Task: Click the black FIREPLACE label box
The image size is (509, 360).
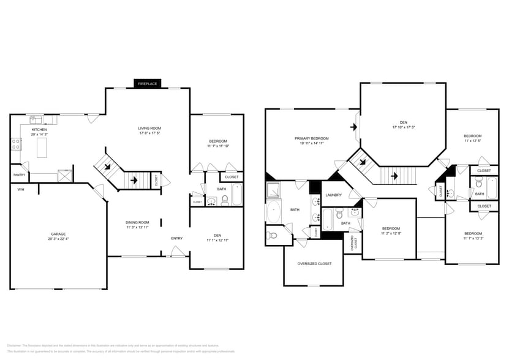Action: coord(147,83)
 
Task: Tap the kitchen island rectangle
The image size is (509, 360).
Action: coord(42,148)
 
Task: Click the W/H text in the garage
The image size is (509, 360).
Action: coord(20,189)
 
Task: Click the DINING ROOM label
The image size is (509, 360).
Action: coord(138,222)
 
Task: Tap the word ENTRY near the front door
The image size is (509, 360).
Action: coord(176,238)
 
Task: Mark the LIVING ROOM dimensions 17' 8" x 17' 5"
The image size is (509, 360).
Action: coord(150,133)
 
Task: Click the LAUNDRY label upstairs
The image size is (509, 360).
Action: coord(333,195)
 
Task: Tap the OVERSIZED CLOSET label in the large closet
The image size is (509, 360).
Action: coord(314,263)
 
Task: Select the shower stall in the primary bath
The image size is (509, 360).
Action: coord(274,190)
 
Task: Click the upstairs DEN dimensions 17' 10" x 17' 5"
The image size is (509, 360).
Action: coord(404,127)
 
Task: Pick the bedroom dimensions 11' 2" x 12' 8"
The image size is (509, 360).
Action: coord(390,233)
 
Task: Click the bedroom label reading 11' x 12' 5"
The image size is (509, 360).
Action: coord(472,141)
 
